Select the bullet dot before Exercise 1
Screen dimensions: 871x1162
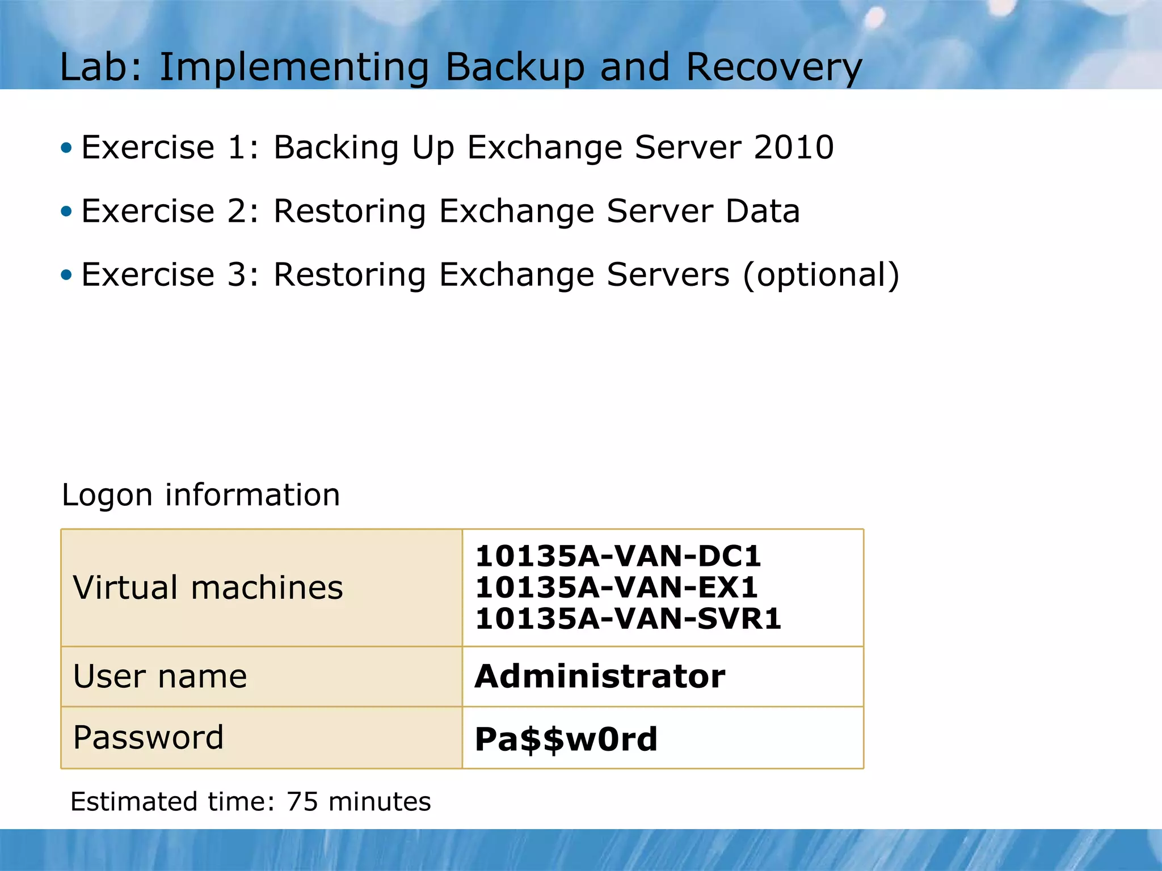coord(67,149)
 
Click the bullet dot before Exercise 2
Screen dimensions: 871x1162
coord(67,212)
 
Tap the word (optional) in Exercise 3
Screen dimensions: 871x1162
coord(821,275)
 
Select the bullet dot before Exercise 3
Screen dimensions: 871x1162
coord(67,276)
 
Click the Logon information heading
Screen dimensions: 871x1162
coord(201,495)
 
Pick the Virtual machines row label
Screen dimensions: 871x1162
coord(208,587)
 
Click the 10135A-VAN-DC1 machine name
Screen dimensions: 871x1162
coord(618,556)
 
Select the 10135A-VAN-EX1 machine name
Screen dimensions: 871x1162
coord(617,587)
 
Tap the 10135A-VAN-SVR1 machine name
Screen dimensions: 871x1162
coord(628,619)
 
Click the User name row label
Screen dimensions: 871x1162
coord(160,676)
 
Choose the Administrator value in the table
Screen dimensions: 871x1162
coord(600,676)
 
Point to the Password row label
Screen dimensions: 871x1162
coord(149,738)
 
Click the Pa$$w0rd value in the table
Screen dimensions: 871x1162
coord(566,739)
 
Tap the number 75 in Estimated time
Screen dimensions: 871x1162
coord(302,802)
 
